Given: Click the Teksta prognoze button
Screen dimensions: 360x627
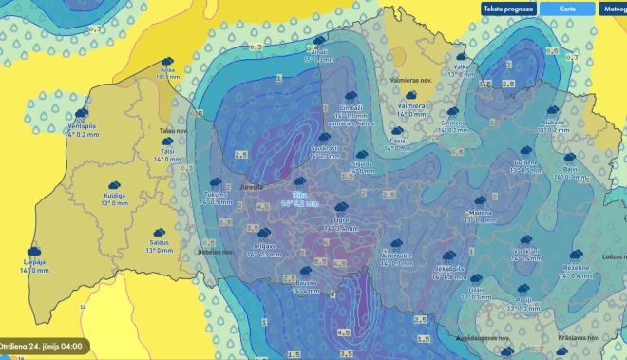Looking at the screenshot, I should tap(508, 9).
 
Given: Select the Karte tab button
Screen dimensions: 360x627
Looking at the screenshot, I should tap(567, 9).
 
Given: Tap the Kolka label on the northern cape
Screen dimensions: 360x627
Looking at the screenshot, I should tap(168, 69).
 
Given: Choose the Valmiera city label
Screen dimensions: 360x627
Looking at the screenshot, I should tap(410, 105).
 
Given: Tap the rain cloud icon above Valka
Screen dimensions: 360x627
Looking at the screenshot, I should tap(462, 56).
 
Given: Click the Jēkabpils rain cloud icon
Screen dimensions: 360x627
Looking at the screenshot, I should tap(446, 256).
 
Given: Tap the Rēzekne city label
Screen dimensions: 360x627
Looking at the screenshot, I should tap(576, 269).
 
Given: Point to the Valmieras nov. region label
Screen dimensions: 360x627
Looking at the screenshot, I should tap(411, 81).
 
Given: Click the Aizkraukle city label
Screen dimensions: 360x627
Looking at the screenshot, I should tap(395, 256).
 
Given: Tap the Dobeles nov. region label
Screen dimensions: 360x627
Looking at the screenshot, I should tap(215, 253).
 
